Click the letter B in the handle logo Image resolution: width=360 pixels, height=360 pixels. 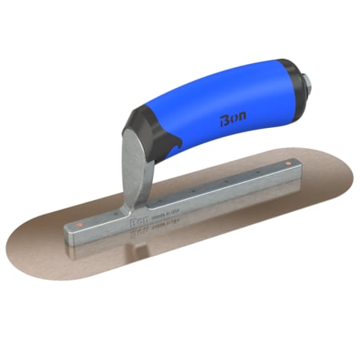tap(222, 122)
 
